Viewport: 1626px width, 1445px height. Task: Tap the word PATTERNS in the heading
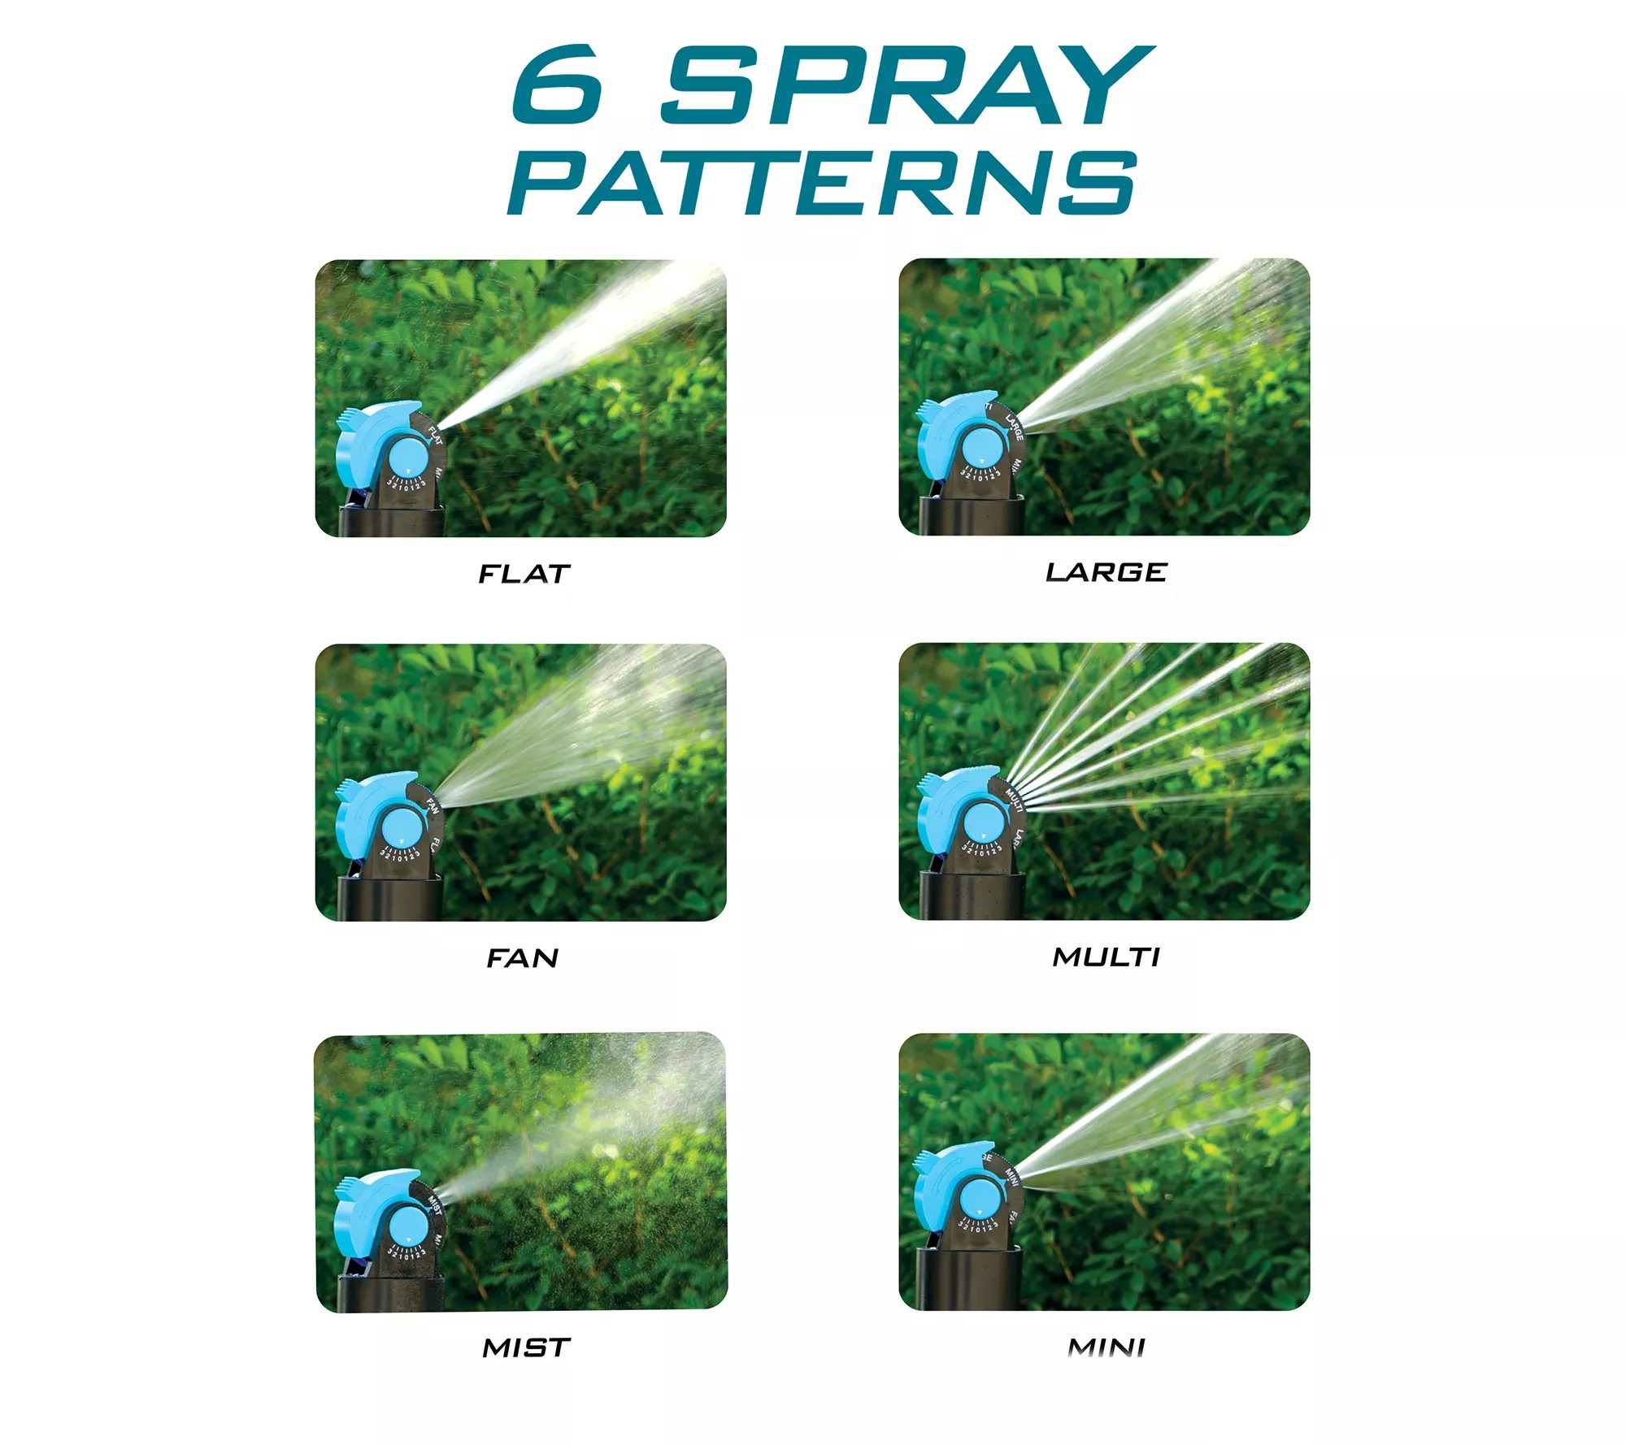[821, 183]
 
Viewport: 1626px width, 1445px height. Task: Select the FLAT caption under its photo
[524, 575]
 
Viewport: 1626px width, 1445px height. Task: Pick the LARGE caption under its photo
[1106, 573]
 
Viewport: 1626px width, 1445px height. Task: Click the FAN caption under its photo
[523, 959]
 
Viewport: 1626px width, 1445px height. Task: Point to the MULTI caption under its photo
[1106, 957]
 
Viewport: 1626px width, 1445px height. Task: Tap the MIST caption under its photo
[526, 1348]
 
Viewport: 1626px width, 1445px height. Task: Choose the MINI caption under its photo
[1106, 1348]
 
